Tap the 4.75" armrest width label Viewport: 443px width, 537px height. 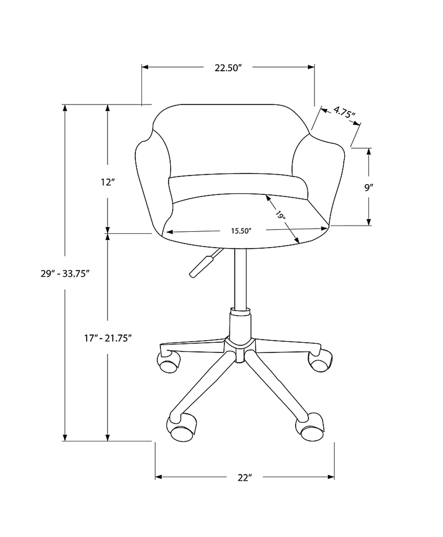pos(344,113)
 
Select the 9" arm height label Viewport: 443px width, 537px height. pos(368,188)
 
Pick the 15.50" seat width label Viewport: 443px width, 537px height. pos(241,231)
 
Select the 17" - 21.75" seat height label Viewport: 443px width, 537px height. pos(108,339)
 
